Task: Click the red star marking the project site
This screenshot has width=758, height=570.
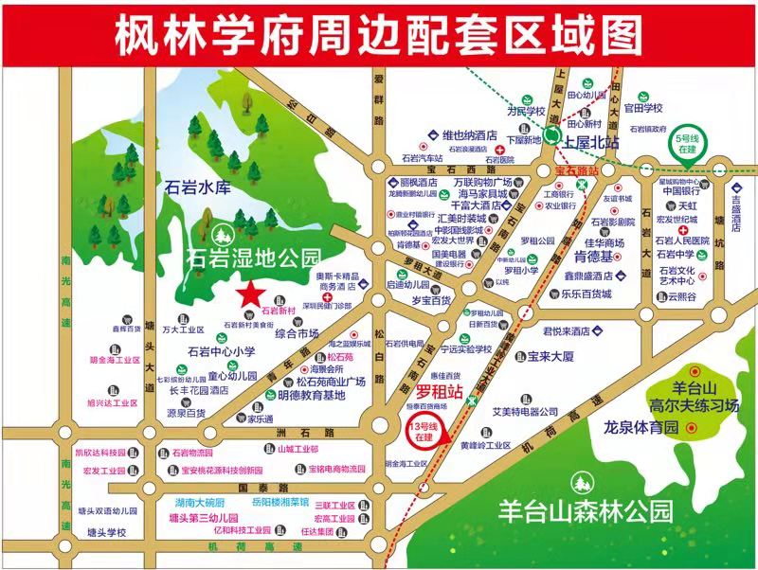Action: click(249, 294)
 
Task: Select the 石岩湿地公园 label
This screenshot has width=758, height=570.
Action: click(255, 257)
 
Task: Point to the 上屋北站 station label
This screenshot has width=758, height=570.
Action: click(590, 142)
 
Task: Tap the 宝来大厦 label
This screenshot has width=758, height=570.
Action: click(551, 357)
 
